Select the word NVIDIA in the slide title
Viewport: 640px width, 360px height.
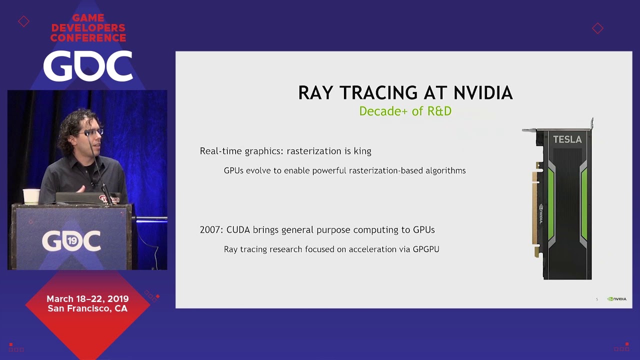pos(483,93)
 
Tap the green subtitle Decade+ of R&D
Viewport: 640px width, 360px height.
pos(405,111)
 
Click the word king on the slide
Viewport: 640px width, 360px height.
pos(362,151)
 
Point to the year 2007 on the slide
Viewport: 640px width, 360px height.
pos(210,230)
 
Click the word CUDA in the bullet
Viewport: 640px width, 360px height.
pos(238,230)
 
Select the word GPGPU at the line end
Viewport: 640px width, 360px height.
pos(426,249)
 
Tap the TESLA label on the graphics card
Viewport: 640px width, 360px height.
pos(567,139)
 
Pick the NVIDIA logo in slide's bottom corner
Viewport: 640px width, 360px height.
pos(616,299)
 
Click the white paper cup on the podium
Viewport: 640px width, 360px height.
pos(31,196)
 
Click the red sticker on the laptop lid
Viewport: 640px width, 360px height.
pos(109,198)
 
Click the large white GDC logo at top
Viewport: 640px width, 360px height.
pos(88,66)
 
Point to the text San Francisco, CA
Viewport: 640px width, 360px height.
pos(87,308)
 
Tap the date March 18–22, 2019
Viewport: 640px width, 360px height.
pos(87,299)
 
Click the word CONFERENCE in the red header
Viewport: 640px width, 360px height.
pos(88,37)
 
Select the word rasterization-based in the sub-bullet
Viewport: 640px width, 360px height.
pos(392,170)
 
